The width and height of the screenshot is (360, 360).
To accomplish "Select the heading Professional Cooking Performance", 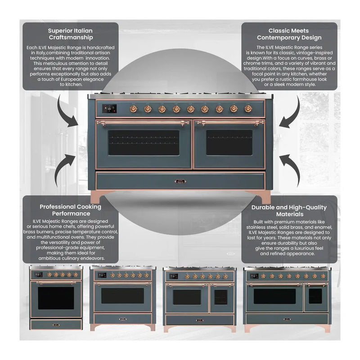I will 71,210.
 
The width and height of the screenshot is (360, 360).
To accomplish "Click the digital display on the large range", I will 110,108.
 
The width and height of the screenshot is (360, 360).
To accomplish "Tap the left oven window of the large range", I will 144,143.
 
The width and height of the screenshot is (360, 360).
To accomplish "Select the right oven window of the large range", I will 229,143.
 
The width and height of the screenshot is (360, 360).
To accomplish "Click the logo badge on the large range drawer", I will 180,182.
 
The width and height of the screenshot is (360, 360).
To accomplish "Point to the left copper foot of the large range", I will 98,197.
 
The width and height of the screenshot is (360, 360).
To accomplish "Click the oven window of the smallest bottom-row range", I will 56,298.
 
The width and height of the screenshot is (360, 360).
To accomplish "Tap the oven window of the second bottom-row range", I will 122,296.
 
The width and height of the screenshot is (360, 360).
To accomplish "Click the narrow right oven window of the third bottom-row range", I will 220,297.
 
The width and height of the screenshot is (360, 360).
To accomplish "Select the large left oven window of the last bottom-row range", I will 274,296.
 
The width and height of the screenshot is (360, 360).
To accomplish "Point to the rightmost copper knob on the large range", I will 248,108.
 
